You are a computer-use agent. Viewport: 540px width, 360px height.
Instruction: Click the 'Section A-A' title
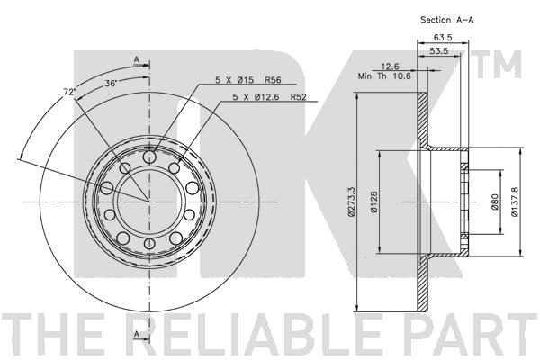click(x=446, y=20)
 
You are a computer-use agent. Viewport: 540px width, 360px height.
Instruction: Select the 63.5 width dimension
click(x=443, y=37)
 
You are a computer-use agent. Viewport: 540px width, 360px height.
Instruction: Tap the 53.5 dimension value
click(x=439, y=50)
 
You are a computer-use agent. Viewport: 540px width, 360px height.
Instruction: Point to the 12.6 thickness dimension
click(x=390, y=66)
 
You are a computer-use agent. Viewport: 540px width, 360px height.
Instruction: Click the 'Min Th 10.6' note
click(x=384, y=76)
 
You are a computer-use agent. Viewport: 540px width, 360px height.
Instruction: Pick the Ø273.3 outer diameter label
click(x=351, y=202)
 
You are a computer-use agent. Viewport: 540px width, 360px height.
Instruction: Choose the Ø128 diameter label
click(x=374, y=202)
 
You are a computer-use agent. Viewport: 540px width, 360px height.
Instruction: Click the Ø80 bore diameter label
click(x=495, y=202)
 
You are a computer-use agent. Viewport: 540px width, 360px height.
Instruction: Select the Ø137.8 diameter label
click(x=515, y=202)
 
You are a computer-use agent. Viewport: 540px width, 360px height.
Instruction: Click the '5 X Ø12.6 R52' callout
click(x=269, y=97)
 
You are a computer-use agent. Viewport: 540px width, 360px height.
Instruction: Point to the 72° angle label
click(x=69, y=92)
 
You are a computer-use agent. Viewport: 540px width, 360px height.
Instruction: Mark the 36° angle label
click(x=112, y=83)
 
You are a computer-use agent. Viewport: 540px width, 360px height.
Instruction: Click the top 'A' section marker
click(x=137, y=59)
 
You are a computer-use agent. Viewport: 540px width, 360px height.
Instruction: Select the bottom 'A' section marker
click(x=137, y=334)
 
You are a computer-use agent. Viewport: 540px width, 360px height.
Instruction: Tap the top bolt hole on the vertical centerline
click(x=149, y=157)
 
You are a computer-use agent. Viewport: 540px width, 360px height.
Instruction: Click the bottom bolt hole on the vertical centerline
click(x=149, y=244)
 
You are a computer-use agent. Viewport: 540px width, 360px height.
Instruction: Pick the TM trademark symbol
click(x=499, y=64)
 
